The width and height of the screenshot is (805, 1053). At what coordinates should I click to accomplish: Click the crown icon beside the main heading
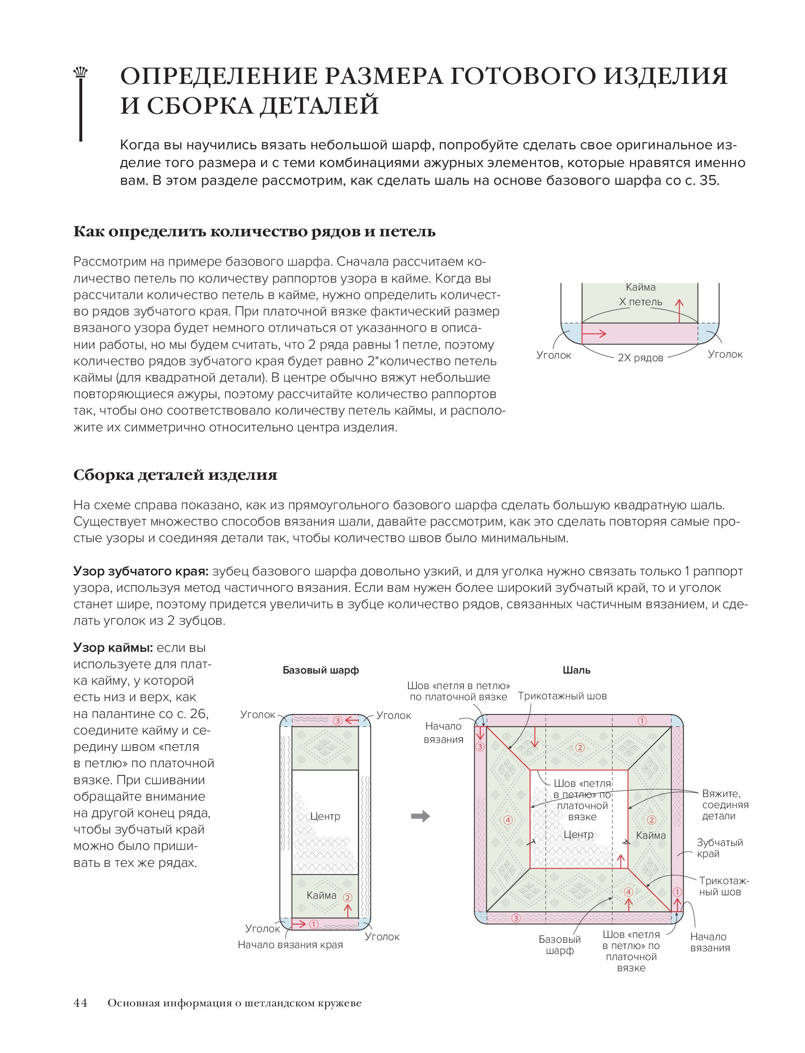point(80,73)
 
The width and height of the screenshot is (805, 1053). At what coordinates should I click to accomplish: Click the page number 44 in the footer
point(80,1003)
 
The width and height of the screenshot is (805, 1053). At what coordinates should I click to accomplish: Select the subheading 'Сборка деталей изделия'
point(176,475)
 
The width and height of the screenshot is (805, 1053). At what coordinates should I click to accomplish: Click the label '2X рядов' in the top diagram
point(640,358)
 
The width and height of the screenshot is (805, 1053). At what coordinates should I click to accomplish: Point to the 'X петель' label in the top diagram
point(640,302)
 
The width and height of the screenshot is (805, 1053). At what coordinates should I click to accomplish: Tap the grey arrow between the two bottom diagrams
point(420,817)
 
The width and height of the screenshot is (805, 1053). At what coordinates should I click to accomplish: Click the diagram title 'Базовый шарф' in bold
point(320,670)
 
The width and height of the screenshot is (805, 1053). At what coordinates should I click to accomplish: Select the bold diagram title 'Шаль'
point(577,670)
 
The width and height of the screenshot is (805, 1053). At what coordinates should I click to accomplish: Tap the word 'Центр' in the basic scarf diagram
point(325,817)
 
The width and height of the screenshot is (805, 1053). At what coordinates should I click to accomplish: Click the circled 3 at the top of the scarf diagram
point(338,721)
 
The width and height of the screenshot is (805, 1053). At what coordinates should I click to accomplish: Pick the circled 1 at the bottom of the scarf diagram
point(314,924)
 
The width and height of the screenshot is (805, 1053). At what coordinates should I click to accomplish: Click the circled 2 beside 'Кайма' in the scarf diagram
point(348,898)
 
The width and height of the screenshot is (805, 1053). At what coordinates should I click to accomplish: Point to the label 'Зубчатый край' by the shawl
point(719,848)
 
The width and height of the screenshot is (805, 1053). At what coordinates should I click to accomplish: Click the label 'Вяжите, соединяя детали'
point(725,805)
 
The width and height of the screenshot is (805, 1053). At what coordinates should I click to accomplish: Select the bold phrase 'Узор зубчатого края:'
point(141,571)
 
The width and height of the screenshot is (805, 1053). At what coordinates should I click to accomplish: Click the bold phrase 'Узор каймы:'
point(113,648)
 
